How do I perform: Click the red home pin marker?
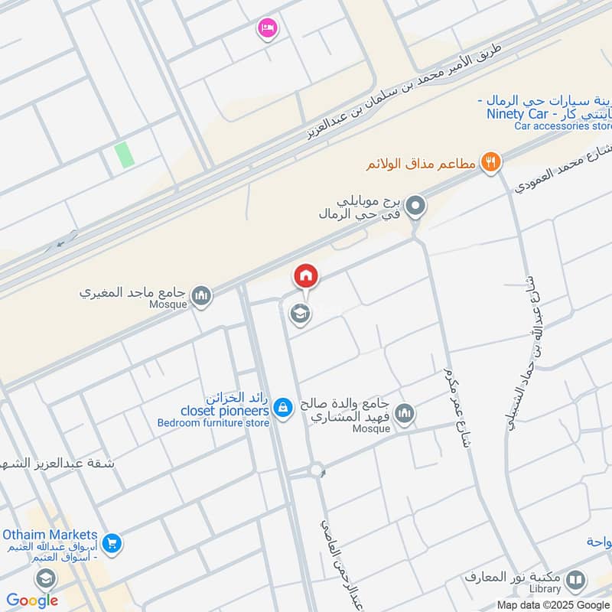pos(306,276)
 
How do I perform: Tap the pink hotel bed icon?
pos(267,28)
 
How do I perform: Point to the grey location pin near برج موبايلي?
pos(415,205)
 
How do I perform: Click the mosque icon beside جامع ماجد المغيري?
pos(201,295)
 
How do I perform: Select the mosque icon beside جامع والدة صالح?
pos(405,414)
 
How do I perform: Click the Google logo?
pos(32,601)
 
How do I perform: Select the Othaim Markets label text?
pos(50,535)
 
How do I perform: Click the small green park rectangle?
pos(125,155)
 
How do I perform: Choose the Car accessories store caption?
pos(562,126)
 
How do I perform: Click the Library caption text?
pos(545,589)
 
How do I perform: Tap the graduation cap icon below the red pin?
pos(300,314)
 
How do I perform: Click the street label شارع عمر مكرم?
pos(461,405)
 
